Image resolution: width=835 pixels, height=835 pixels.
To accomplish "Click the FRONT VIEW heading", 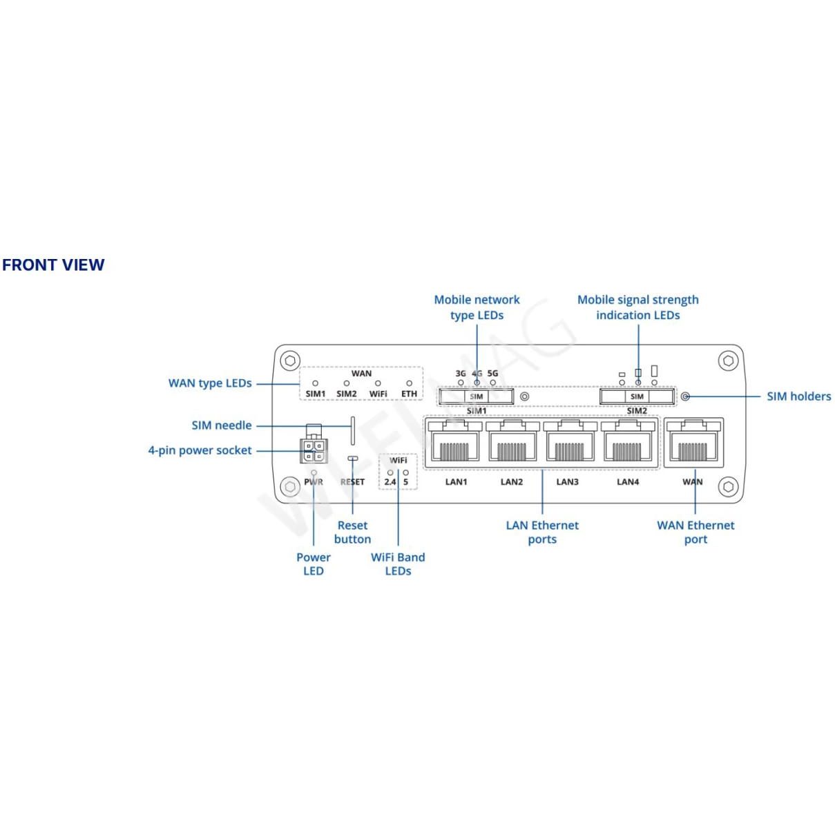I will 53,265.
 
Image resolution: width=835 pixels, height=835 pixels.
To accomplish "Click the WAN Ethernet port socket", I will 693,443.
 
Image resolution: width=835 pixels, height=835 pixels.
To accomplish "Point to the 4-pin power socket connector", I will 314,451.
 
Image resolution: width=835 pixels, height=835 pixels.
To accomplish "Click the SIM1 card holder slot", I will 476,396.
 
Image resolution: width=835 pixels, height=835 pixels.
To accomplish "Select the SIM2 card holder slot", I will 637,396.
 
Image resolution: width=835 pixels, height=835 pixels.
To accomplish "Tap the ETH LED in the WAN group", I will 410,383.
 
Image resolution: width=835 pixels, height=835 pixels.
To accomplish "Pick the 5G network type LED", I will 493,383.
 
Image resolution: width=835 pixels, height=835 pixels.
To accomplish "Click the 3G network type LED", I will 461,383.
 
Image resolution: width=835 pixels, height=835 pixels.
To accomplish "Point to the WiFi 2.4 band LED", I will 390,473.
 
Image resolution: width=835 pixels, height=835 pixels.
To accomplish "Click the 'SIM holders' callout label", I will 798,396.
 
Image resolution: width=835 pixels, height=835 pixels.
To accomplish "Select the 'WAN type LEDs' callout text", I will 210,383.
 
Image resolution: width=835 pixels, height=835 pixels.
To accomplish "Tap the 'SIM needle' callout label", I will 222,425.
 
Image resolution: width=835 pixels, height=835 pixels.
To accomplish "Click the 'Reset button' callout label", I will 352,532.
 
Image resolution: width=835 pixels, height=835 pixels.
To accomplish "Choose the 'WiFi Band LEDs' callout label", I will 398,564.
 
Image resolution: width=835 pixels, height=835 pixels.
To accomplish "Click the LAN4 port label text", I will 628,482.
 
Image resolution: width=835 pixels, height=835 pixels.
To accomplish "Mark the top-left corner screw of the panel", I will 291,361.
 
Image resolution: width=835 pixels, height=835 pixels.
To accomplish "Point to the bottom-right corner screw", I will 728,487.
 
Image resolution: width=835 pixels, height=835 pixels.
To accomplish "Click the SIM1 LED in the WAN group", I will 316,383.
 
